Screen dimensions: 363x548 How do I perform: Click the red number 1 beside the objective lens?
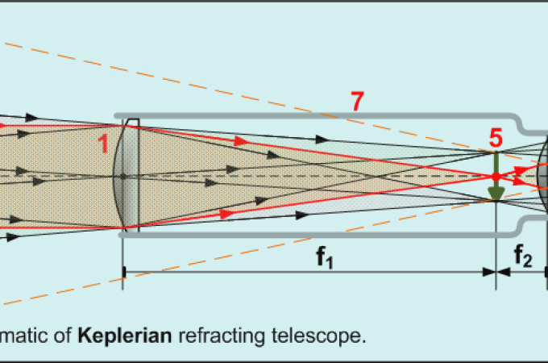[102, 143]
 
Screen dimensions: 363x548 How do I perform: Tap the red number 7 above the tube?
[357, 102]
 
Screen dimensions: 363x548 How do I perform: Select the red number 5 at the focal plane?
[496, 138]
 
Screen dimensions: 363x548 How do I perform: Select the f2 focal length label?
[524, 258]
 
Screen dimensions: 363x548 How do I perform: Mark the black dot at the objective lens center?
[123, 176]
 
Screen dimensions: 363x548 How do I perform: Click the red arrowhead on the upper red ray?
[241, 140]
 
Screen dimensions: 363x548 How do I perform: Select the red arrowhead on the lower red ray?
[226, 214]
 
